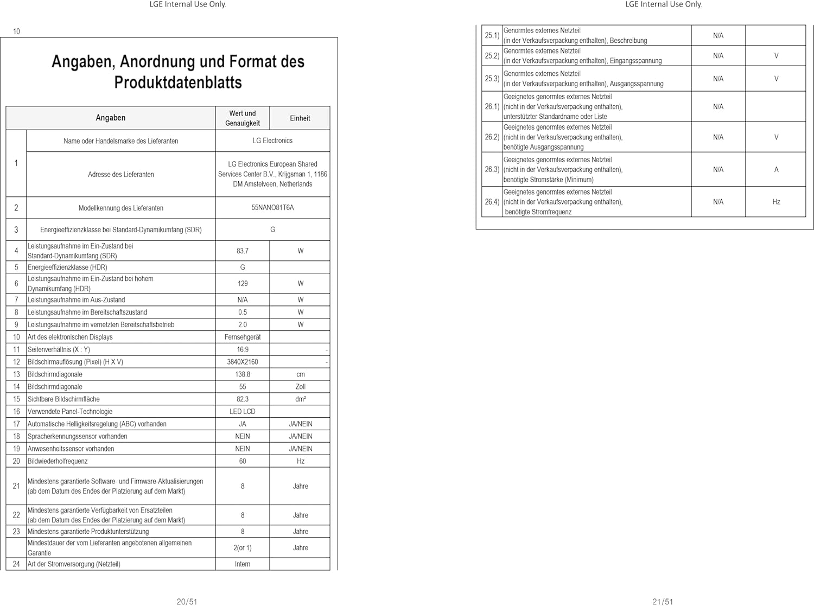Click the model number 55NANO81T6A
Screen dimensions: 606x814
(x=272, y=208)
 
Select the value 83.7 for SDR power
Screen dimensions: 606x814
(x=243, y=251)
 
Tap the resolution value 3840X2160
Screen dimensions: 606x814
(x=243, y=362)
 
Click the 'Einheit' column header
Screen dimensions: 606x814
(x=300, y=118)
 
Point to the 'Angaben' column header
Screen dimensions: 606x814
(x=111, y=118)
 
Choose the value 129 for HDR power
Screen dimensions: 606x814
(x=243, y=284)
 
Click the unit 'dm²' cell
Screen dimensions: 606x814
(x=301, y=399)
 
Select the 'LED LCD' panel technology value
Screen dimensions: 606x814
(x=243, y=412)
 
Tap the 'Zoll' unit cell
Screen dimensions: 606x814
(x=301, y=387)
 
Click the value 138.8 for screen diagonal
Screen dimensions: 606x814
(x=243, y=374)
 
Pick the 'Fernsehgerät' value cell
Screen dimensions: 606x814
(x=243, y=337)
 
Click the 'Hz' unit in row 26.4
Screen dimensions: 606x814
(x=776, y=202)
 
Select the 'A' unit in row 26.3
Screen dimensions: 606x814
(x=776, y=170)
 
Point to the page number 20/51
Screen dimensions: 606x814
(x=187, y=602)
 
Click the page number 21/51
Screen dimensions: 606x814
(x=663, y=602)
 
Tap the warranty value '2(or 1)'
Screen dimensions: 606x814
(x=243, y=548)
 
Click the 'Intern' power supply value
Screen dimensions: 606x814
(x=243, y=564)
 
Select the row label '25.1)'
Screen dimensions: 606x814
(x=492, y=35)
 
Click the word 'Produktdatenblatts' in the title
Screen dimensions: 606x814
(x=178, y=82)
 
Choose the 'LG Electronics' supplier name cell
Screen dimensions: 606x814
(x=272, y=141)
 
